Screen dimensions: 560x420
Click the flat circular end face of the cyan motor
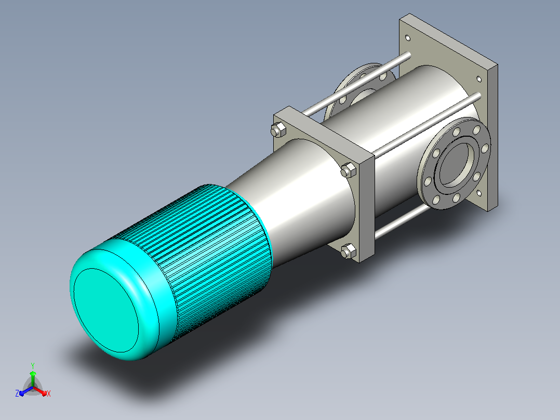point(106,310)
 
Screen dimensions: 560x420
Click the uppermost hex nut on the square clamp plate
point(278,129)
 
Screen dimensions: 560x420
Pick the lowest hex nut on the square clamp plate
point(348,251)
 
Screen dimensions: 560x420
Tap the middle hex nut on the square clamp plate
point(348,170)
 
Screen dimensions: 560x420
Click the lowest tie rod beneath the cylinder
point(402,221)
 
